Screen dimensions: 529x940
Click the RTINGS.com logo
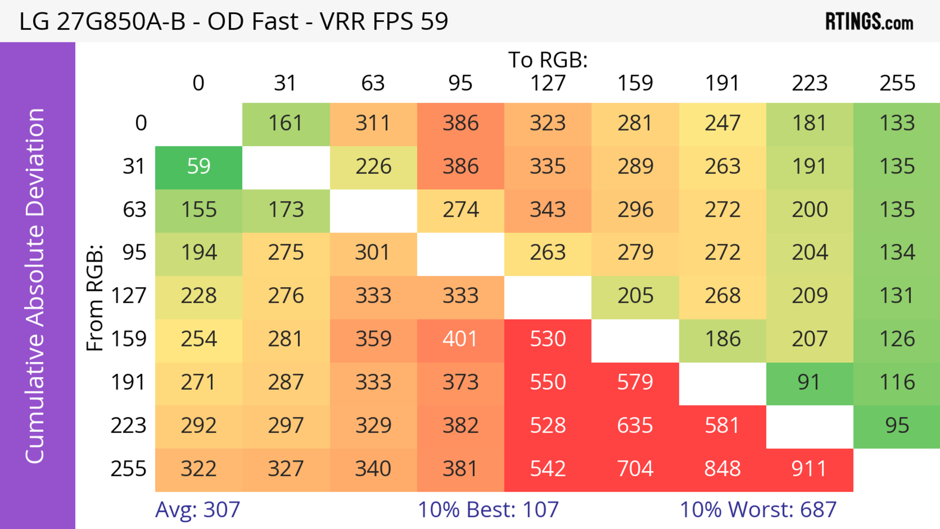tap(869, 22)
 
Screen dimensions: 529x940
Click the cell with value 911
tap(809, 469)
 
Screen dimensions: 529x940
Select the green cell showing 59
tap(199, 167)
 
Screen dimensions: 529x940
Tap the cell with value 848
tap(722, 469)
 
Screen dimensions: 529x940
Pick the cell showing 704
tap(635, 469)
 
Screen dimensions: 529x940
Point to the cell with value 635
tap(635, 426)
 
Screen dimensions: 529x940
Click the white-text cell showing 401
tap(460, 339)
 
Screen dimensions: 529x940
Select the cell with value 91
tap(809, 383)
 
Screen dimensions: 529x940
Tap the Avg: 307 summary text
tap(197, 510)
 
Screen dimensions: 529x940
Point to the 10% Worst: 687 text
tap(758, 510)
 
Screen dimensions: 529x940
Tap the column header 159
tap(635, 83)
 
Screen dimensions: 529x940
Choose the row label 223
tap(129, 426)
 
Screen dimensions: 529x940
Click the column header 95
tap(460, 83)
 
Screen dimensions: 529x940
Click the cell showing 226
tap(373, 167)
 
